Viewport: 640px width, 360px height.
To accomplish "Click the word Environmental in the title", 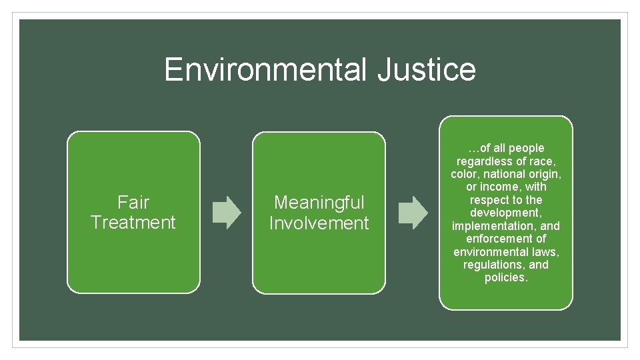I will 265,69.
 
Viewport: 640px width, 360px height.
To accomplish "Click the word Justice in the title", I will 426,69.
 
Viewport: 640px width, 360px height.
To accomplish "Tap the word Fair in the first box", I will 133,202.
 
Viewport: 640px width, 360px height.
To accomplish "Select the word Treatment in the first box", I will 133,223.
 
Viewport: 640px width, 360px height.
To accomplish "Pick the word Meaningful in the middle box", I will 319,202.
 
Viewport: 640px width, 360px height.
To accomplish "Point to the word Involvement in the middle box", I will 319,223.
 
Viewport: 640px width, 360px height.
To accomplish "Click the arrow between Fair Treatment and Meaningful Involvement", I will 226,212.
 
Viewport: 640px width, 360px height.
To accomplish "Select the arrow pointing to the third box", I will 413,212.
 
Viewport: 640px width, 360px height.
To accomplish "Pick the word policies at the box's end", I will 505,277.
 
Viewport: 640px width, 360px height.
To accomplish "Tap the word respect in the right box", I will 487,200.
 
